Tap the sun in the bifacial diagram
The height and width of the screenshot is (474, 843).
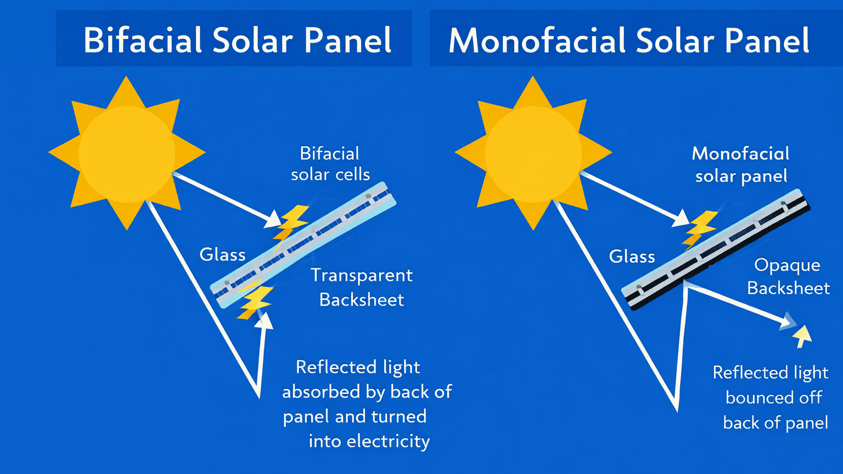click(x=127, y=153)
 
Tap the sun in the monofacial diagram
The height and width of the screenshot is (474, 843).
click(x=533, y=153)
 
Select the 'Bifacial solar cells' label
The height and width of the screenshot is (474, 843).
click(x=330, y=163)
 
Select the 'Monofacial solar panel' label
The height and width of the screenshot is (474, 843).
click(x=741, y=165)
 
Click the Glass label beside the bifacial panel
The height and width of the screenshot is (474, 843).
click(x=222, y=255)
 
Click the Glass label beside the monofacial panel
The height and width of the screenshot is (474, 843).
click(x=632, y=257)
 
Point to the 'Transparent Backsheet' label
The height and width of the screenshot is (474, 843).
click(x=362, y=287)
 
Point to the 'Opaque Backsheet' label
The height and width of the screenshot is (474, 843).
click(x=788, y=276)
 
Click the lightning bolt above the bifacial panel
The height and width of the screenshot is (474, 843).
click(x=291, y=222)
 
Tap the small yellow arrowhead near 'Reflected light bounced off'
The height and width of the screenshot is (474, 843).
click(x=802, y=335)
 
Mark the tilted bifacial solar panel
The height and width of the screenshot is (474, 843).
click(x=304, y=245)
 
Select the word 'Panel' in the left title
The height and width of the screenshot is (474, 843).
click(x=347, y=40)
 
